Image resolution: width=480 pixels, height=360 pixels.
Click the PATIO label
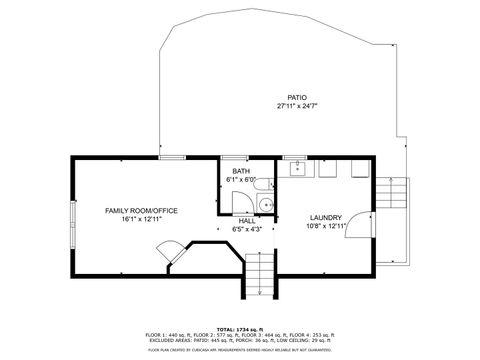296,97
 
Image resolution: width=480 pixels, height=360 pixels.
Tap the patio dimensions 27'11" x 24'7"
296,106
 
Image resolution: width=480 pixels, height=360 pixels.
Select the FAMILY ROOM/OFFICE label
141,210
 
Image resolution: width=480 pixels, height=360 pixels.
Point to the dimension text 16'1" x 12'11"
141,219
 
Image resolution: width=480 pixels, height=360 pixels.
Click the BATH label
242,171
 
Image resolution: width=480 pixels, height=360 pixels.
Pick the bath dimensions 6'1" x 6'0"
242,180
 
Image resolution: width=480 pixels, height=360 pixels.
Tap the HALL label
246,220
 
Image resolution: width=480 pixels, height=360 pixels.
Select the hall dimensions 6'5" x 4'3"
246,229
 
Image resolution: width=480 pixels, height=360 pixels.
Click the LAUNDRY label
326,217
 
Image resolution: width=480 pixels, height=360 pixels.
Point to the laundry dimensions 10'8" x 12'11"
326,226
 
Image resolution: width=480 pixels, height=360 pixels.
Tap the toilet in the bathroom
264,205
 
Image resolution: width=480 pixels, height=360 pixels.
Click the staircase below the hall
259,274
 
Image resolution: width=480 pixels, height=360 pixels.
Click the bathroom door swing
243,200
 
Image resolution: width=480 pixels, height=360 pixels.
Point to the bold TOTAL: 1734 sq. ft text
241,328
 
